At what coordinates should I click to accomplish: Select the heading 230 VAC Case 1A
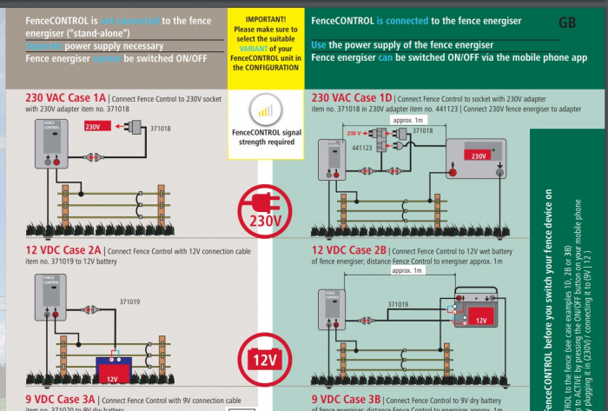click(66, 98)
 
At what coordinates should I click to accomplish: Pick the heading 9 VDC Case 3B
click(347, 400)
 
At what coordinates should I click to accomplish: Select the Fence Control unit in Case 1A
click(50, 143)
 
